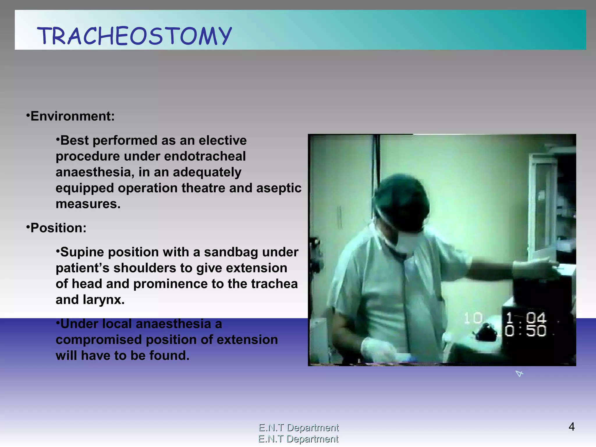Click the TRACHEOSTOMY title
coord(134,36)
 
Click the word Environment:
coord(72,116)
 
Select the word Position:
coord(58,228)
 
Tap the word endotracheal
coord(205,156)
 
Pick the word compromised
coord(99,340)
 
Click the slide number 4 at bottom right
coord(572,427)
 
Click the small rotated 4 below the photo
coord(519,373)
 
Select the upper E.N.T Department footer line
coord(299,428)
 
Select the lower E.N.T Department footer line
coord(298,439)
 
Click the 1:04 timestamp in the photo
coord(526,318)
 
